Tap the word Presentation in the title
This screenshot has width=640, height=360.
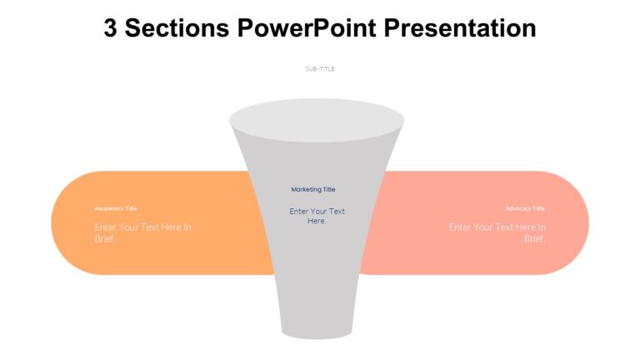coord(460,28)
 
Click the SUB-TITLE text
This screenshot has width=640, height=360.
coord(320,69)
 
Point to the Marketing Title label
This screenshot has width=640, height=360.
coord(313,190)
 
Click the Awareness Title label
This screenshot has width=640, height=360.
coord(115,208)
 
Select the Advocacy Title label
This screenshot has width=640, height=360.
coord(525,208)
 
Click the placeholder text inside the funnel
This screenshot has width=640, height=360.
coord(317,216)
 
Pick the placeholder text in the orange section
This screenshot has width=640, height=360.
coord(142,232)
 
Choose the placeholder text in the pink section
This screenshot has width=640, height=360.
coord(497,232)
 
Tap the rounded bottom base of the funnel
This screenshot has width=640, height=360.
coord(317,331)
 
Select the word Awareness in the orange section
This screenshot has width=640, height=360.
coord(109,208)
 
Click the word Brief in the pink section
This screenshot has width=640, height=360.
coord(535,239)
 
